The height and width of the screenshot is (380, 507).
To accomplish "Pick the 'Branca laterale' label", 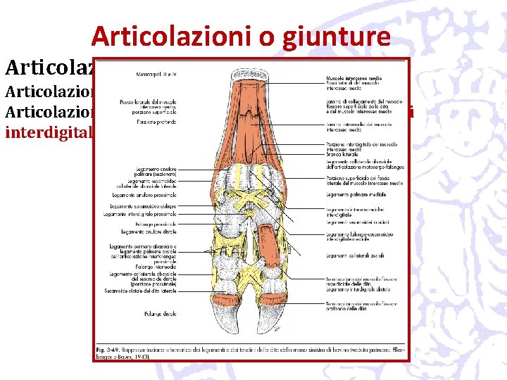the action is click(x=340, y=153).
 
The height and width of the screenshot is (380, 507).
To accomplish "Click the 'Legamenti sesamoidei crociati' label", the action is click(x=352, y=221).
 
